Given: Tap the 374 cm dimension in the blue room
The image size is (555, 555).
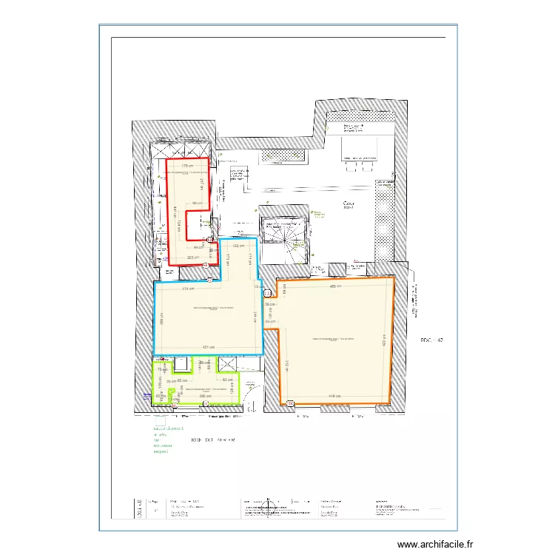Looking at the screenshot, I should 188,289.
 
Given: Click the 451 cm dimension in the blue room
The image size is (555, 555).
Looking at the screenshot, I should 209,347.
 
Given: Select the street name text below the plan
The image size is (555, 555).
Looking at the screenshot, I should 213,439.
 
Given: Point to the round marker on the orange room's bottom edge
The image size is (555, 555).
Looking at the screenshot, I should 290,403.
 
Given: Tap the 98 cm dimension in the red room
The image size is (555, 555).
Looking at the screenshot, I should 197,203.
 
